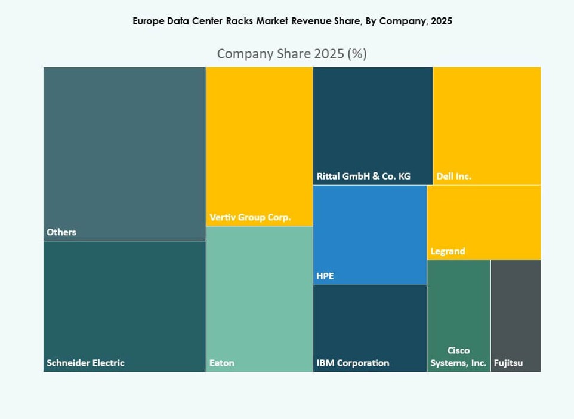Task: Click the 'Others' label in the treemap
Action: coord(61,232)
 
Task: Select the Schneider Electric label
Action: coord(85,363)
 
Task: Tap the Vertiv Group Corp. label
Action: coord(250,217)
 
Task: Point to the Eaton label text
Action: coord(221,363)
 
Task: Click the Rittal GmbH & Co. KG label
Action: coord(363,177)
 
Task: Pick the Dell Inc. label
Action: coord(453,177)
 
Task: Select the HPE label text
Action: coord(325,276)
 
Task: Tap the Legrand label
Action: coord(448,251)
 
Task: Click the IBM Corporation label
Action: coord(353,363)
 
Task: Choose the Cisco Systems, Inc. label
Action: coord(458,357)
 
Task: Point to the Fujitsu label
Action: coord(508,363)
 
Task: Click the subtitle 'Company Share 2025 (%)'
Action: coord(292,54)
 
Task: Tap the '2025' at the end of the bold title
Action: coord(441,21)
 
